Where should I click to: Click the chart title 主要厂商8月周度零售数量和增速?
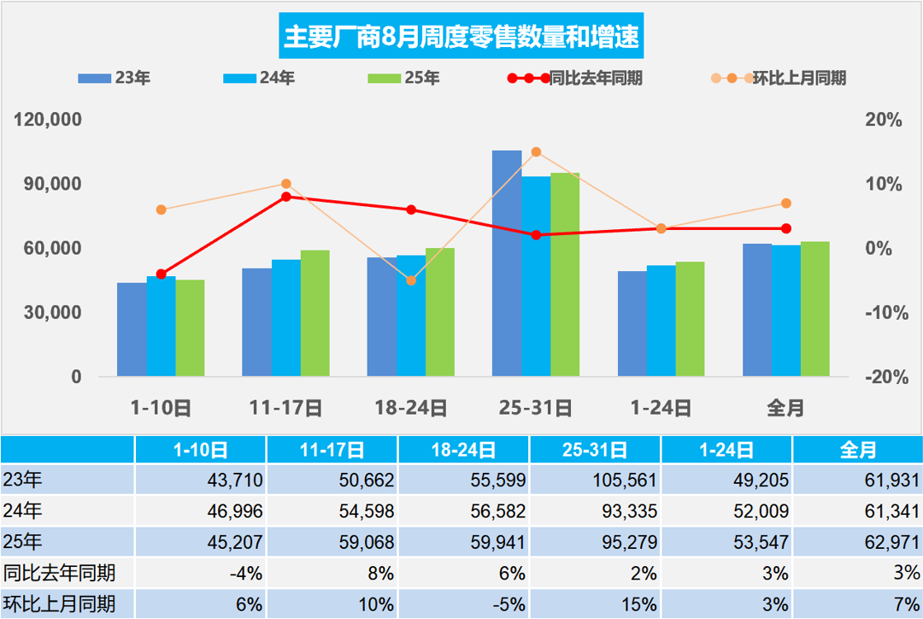point(461,36)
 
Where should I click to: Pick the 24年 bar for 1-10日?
point(161,327)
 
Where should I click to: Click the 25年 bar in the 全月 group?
point(815,309)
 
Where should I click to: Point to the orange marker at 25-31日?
point(536,152)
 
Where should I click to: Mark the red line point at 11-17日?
point(286,197)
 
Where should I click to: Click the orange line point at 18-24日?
point(411,280)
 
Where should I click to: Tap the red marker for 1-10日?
point(161,274)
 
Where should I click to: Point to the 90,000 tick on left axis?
point(50,184)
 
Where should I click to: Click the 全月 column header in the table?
point(858,450)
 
